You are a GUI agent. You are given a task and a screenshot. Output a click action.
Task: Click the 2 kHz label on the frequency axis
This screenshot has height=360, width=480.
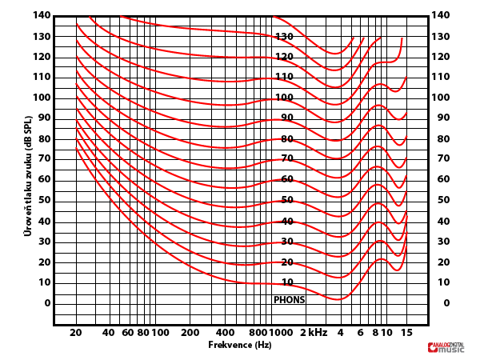coord(314,332)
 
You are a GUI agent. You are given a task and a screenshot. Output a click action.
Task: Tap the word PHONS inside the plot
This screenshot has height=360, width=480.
coord(289,300)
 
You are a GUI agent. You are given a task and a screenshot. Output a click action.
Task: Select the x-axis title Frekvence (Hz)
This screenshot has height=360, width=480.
coord(239,345)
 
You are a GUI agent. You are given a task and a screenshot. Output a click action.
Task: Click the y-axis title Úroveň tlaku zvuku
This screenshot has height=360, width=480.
coord(28,175)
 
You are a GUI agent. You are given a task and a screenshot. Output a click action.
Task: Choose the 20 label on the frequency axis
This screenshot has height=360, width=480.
coord(76,332)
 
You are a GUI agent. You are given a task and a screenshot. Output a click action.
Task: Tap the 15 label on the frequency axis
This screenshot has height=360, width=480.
coord(406,332)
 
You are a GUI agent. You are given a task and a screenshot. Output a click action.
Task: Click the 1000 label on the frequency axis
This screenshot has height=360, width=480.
coord(280,332)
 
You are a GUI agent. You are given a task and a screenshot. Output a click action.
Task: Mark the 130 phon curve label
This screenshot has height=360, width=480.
coord(285,37)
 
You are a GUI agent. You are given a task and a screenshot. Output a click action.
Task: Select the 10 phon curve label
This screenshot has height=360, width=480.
coord(287,282)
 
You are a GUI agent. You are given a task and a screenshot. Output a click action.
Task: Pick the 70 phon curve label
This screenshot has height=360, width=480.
coord(287,159)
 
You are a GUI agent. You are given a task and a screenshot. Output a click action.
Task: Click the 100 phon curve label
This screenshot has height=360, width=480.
coord(285,98)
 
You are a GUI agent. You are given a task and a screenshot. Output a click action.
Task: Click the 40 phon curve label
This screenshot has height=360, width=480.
coord(287,222)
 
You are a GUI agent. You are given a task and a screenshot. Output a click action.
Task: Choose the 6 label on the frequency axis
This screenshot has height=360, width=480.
coord(361,332)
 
